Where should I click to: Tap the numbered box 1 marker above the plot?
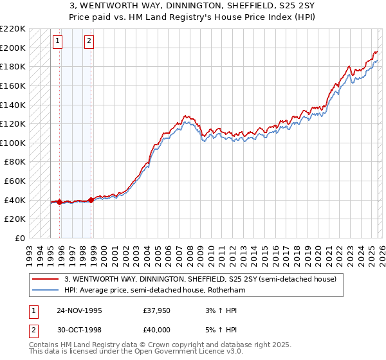click(x=58, y=42)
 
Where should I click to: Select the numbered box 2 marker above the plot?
click(x=89, y=42)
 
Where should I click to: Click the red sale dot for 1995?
click(x=60, y=202)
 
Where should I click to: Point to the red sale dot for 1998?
click(x=91, y=200)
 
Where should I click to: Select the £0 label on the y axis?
click(x=19, y=238)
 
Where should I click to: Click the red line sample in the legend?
click(x=46, y=279)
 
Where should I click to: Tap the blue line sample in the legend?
click(x=46, y=290)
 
